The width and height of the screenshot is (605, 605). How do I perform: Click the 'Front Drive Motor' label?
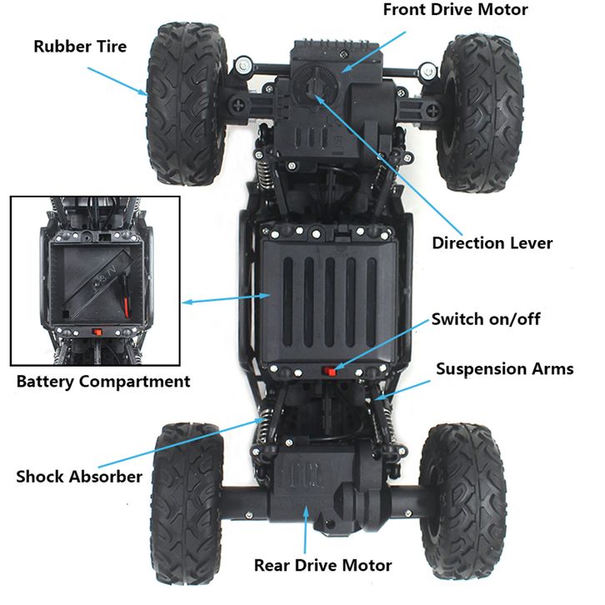(x=455, y=10)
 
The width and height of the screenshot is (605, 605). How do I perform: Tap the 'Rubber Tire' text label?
(x=80, y=47)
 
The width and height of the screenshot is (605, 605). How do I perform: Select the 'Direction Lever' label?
(x=492, y=243)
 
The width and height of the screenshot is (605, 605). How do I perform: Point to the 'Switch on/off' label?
(x=485, y=319)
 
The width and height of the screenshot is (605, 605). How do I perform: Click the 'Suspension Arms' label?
(x=505, y=369)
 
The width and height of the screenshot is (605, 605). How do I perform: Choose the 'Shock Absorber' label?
(x=79, y=477)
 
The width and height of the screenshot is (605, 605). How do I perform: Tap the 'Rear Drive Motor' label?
(x=323, y=565)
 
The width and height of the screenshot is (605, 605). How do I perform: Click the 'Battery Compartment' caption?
(x=103, y=382)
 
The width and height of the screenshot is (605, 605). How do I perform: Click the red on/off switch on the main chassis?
(x=329, y=372)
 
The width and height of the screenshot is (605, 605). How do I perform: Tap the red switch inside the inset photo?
(x=97, y=332)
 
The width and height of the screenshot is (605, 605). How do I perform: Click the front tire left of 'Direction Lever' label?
(x=479, y=113)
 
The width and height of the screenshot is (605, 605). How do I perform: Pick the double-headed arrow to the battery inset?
(x=226, y=299)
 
